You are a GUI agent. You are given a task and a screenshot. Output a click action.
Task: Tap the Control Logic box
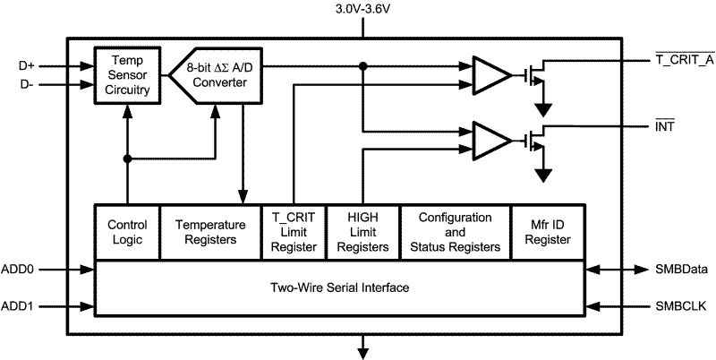[127, 233]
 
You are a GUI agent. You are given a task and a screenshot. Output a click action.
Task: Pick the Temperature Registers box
[209, 233]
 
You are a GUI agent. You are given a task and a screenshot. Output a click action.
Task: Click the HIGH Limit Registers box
[361, 233]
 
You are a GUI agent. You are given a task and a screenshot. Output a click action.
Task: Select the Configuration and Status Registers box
[455, 233]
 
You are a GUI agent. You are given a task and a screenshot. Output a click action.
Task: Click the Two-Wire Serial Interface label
[340, 288]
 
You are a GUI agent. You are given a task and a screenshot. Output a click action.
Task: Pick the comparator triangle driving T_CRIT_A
[487, 75]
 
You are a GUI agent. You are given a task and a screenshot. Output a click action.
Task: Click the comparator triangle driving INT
[487, 141]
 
